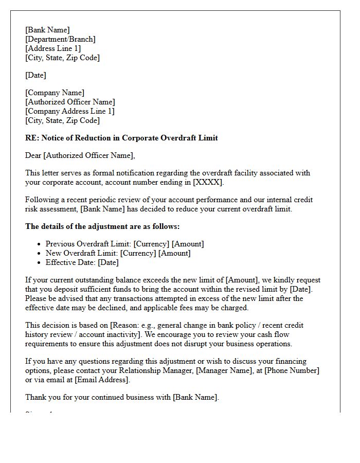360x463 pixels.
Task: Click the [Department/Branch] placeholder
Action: pyautogui.click(x=60, y=39)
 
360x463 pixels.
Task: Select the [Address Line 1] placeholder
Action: pyautogui.click(x=53, y=48)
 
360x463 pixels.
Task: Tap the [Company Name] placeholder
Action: pyautogui.click(x=55, y=93)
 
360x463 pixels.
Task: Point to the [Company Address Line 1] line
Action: pyautogui.click(x=70, y=111)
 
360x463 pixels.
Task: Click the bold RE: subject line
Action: pyautogui.click(x=121, y=138)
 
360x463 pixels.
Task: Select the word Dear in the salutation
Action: pyautogui.click(x=33, y=155)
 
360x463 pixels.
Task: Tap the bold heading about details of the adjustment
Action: pyautogui.click(x=102, y=226)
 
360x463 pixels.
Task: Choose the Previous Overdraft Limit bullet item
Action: pyautogui.click(x=124, y=244)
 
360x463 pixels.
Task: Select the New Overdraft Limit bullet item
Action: pyautogui.click(x=118, y=253)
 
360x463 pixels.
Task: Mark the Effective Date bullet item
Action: pyautogui.click(x=82, y=262)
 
